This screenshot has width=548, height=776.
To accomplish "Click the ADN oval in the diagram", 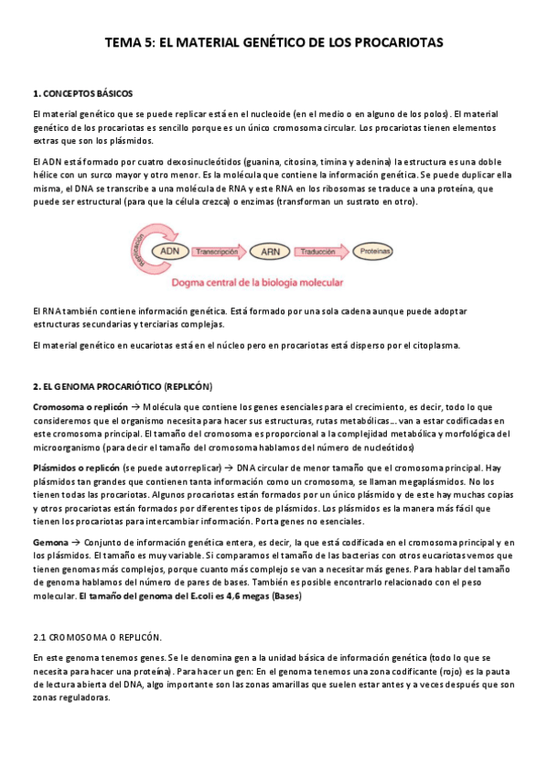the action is tap(169, 250).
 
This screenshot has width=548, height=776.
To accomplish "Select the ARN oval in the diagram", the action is tap(270, 250).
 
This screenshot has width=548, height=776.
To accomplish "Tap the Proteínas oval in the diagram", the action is tap(372, 250).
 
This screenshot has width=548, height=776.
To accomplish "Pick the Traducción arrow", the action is tap(320, 250).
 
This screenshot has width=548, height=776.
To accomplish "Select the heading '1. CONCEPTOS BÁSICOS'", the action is tap(82, 93).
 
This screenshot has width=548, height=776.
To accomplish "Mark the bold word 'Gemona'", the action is tap(49, 543).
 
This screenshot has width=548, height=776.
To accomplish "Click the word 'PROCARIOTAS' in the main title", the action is tap(399, 42).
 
